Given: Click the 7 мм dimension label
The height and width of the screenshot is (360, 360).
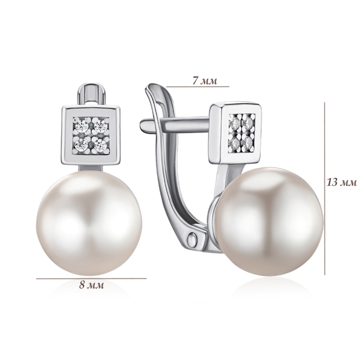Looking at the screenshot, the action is click(205, 81).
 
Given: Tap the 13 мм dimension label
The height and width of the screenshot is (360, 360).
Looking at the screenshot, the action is click(342, 183).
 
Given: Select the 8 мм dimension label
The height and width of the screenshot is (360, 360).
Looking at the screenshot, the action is click(92, 285).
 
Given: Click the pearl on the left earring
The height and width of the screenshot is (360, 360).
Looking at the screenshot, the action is click(89, 223).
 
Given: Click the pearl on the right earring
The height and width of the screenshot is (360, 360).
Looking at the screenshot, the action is click(268, 221).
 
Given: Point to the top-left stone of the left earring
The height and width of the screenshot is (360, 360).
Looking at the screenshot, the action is click(82, 125).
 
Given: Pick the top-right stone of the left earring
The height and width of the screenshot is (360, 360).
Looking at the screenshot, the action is click(100, 125).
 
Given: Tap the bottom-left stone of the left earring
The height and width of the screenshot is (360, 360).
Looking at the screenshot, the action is click(81, 144).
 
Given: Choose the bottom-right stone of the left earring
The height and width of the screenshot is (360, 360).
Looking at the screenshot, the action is click(100, 145).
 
